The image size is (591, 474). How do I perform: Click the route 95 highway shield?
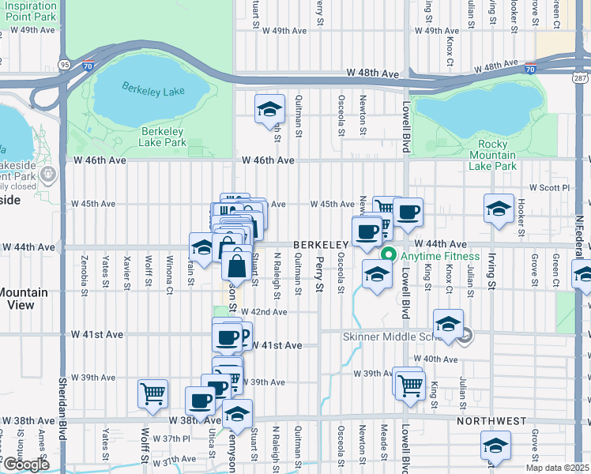63,64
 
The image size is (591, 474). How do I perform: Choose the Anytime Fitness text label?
439,256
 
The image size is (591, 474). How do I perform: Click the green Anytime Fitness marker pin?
389,256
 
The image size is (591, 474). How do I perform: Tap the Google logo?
26,465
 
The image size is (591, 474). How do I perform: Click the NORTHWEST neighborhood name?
490,421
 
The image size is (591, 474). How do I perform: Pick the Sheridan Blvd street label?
62,403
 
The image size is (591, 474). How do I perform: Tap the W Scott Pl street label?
549,188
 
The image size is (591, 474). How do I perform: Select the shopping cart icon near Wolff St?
152,393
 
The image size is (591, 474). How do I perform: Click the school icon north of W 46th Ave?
269,108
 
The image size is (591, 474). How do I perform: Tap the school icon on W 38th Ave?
236,414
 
